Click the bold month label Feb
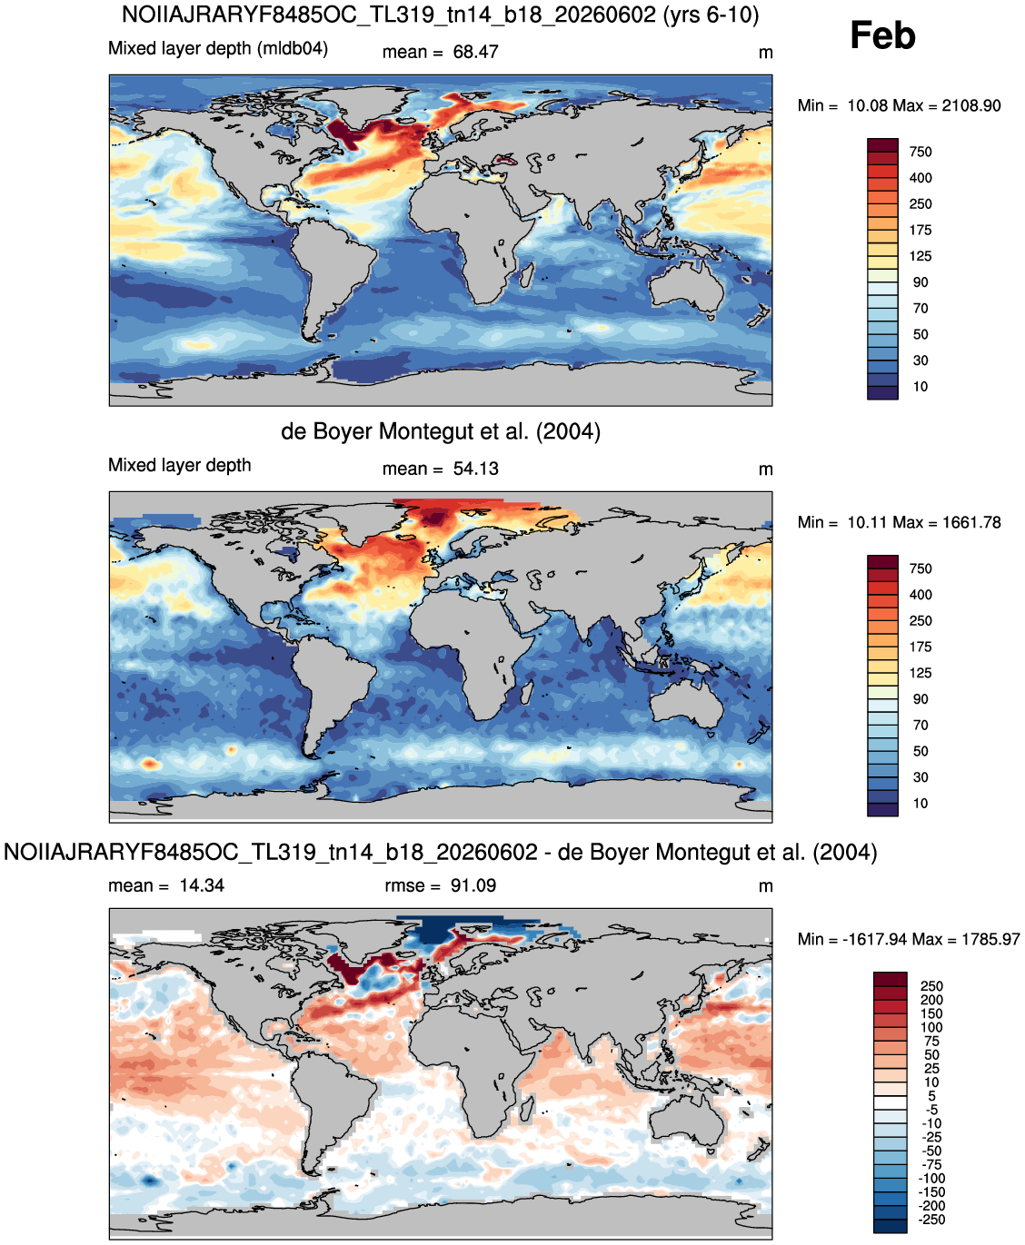tap(882, 35)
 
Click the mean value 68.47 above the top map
tap(475, 52)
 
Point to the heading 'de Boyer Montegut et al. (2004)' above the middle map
tap(441, 431)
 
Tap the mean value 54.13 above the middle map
tap(475, 469)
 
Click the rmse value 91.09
tap(473, 885)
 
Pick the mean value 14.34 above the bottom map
tap(202, 885)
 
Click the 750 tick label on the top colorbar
tap(921, 152)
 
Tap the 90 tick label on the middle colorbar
tap(921, 699)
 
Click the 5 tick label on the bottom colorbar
tap(931, 1096)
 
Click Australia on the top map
tap(686, 287)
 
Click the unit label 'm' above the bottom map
tap(766, 886)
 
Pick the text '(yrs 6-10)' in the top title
tap(711, 15)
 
